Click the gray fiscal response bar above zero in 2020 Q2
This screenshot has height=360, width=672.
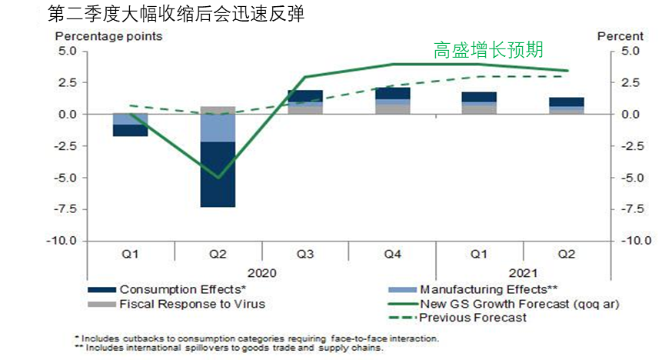(218, 110)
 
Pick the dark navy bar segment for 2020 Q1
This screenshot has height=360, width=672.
(130, 130)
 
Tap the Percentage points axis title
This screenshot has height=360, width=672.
(108, 36)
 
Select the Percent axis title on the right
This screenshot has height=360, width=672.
(620, 36)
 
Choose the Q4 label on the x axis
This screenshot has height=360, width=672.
(392, 252)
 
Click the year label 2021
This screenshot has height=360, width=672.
(523, 272)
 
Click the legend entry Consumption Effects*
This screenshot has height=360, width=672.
(182, 289)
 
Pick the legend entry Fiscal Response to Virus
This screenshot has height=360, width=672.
(191, 303)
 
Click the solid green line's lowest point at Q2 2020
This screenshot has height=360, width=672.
(218, 177)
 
